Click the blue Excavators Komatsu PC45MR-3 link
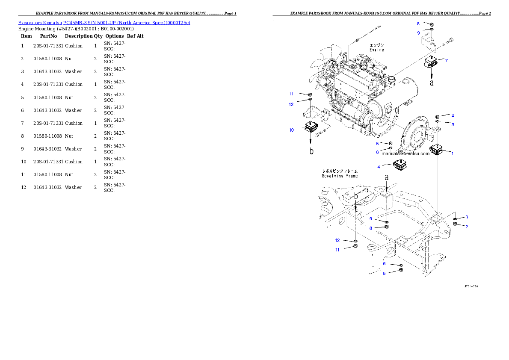coord(104,23)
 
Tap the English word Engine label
coord(376,50)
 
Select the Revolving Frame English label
coord(340,176)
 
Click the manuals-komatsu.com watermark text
coord(405,154)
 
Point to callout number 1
coord(453,153)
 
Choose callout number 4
coord(379,166)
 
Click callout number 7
coord(446,60)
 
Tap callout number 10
coord(291,130)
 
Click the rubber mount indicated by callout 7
coord(431,62)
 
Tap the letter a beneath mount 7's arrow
coord(431,83)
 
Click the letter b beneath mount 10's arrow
coord(311,151)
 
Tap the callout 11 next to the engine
coord(291,93)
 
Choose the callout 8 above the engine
coord(418,24)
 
